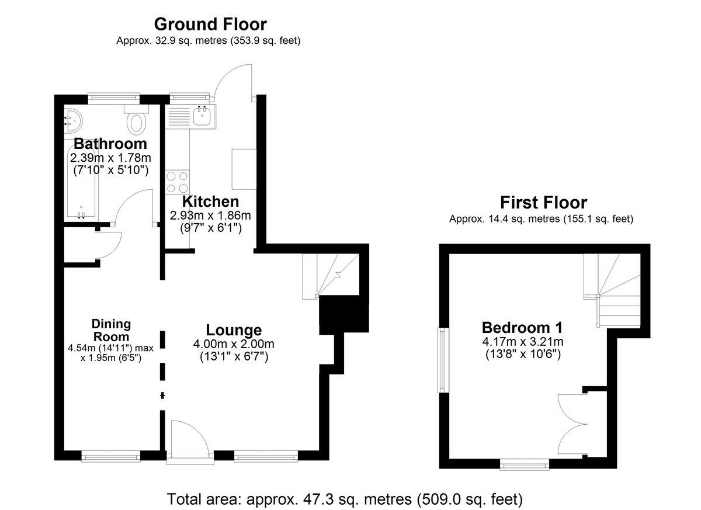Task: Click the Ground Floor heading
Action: [x=210, y=25]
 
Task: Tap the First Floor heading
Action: [x=544, y=203]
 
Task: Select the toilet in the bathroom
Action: [x=137, y=119]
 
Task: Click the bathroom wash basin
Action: [x=73, y=121]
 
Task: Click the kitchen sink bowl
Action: [x=202, y=116]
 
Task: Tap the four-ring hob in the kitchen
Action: [x=178, y=182]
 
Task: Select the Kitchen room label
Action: [x=210, y=202]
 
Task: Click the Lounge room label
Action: [x=234, y=330]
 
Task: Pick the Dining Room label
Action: [x=111, y=331]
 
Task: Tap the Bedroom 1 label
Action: [x=522, y=328]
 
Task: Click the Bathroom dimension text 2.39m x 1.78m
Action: [x=110, y=158]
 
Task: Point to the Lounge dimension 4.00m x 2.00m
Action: [x=234, y=344]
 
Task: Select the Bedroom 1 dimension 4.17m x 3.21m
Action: [x=523, y=342]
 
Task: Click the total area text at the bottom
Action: [x=345, y=499]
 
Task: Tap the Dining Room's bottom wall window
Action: [x=111, y=456]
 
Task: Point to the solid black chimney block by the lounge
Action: [x=343, y=314]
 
